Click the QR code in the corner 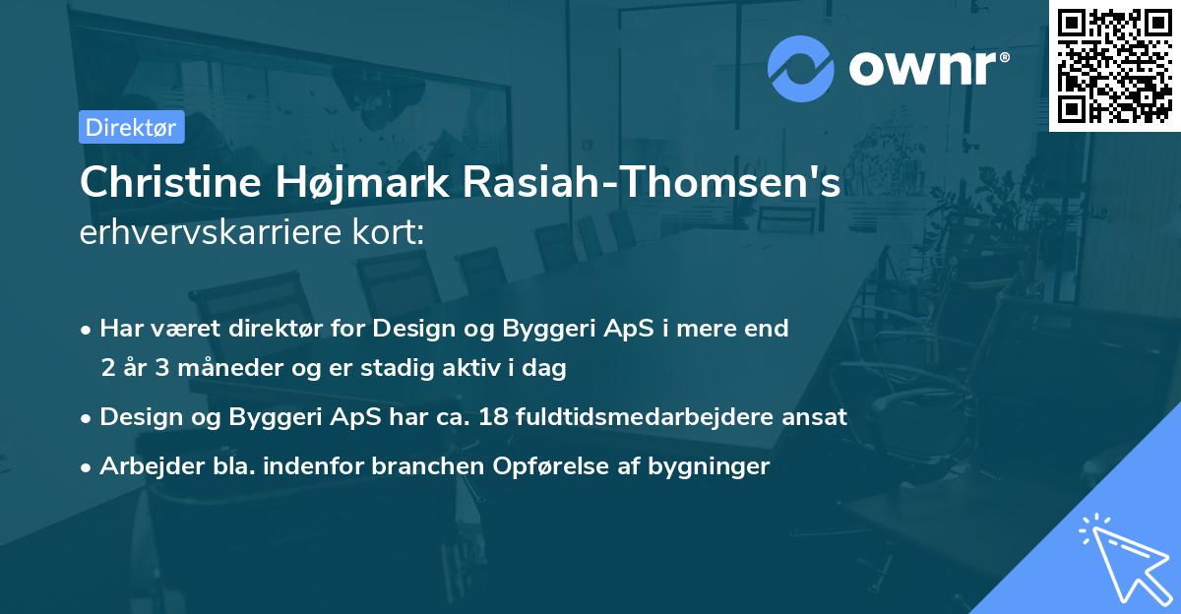1114,65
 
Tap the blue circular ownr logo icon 801,69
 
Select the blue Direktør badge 132,126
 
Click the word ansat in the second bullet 814,416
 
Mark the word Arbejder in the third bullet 143,466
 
